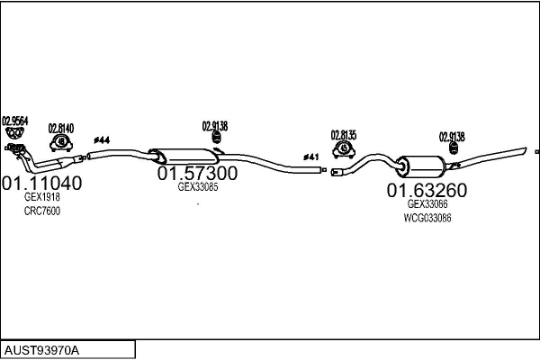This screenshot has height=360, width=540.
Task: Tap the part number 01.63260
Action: click(x=427, y=191)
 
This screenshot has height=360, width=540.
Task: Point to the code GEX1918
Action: click(x=41, y=198)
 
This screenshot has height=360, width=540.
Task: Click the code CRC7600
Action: click(x=42, y=211)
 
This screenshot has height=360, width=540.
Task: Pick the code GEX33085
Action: click(x=198, y=187)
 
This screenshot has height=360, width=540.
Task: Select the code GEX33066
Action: click(x=427, y=205)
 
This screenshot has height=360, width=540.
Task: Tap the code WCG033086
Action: click(x=427, y=218)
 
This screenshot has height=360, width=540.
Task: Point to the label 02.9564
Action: click(x=15, y=121)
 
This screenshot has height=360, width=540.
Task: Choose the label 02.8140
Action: click(x=61, y=127)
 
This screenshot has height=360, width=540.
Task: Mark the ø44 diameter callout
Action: click(x=102, y=139)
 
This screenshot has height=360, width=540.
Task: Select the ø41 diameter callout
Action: click(x=311, y=157)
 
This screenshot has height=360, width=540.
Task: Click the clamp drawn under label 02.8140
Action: click(x=61, y=142)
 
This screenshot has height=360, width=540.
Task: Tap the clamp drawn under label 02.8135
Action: click(x=344, y=148)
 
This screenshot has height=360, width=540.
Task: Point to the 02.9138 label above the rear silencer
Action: click(x=452, y=137)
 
